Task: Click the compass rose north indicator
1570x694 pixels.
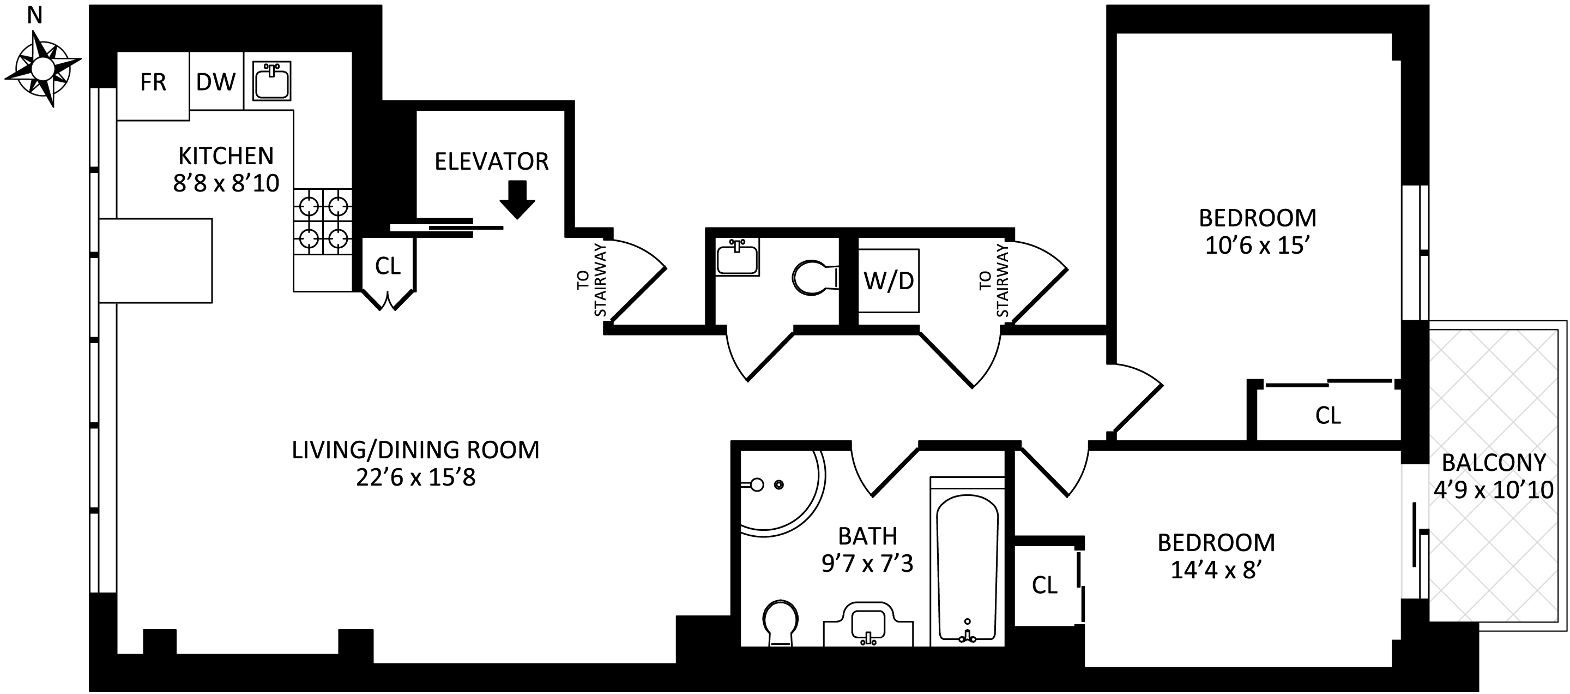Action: click(x=41, y=67)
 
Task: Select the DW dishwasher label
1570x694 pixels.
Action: click(x=216, y=82)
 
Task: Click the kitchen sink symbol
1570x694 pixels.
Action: click(x=272, y=81)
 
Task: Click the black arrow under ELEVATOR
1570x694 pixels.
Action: click(x=517, y=199)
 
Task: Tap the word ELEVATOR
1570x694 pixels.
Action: click(x=491, y=161)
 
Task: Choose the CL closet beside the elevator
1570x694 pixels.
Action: click(x=388, y=266)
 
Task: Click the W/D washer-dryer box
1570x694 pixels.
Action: click(x=888, y=280)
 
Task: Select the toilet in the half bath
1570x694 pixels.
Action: click(x=814, y=278)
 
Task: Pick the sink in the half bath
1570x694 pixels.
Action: click(x=738, y=258)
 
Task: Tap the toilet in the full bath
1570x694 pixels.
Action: click(x=780, y=622)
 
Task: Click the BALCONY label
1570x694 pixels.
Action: click(x=1493, y=463)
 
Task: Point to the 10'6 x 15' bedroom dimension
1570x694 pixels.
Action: click(x=1257, y=246)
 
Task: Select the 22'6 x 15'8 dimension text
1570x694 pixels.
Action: click(x=415, y=477)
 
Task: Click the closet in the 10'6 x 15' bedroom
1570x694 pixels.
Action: click(x=1327, y=416)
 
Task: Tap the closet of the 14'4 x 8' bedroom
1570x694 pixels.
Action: click(x=1044, y=585)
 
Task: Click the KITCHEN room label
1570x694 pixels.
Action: click(x=226, y=156)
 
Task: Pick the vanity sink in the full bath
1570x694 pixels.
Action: click(x=868, y=625)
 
